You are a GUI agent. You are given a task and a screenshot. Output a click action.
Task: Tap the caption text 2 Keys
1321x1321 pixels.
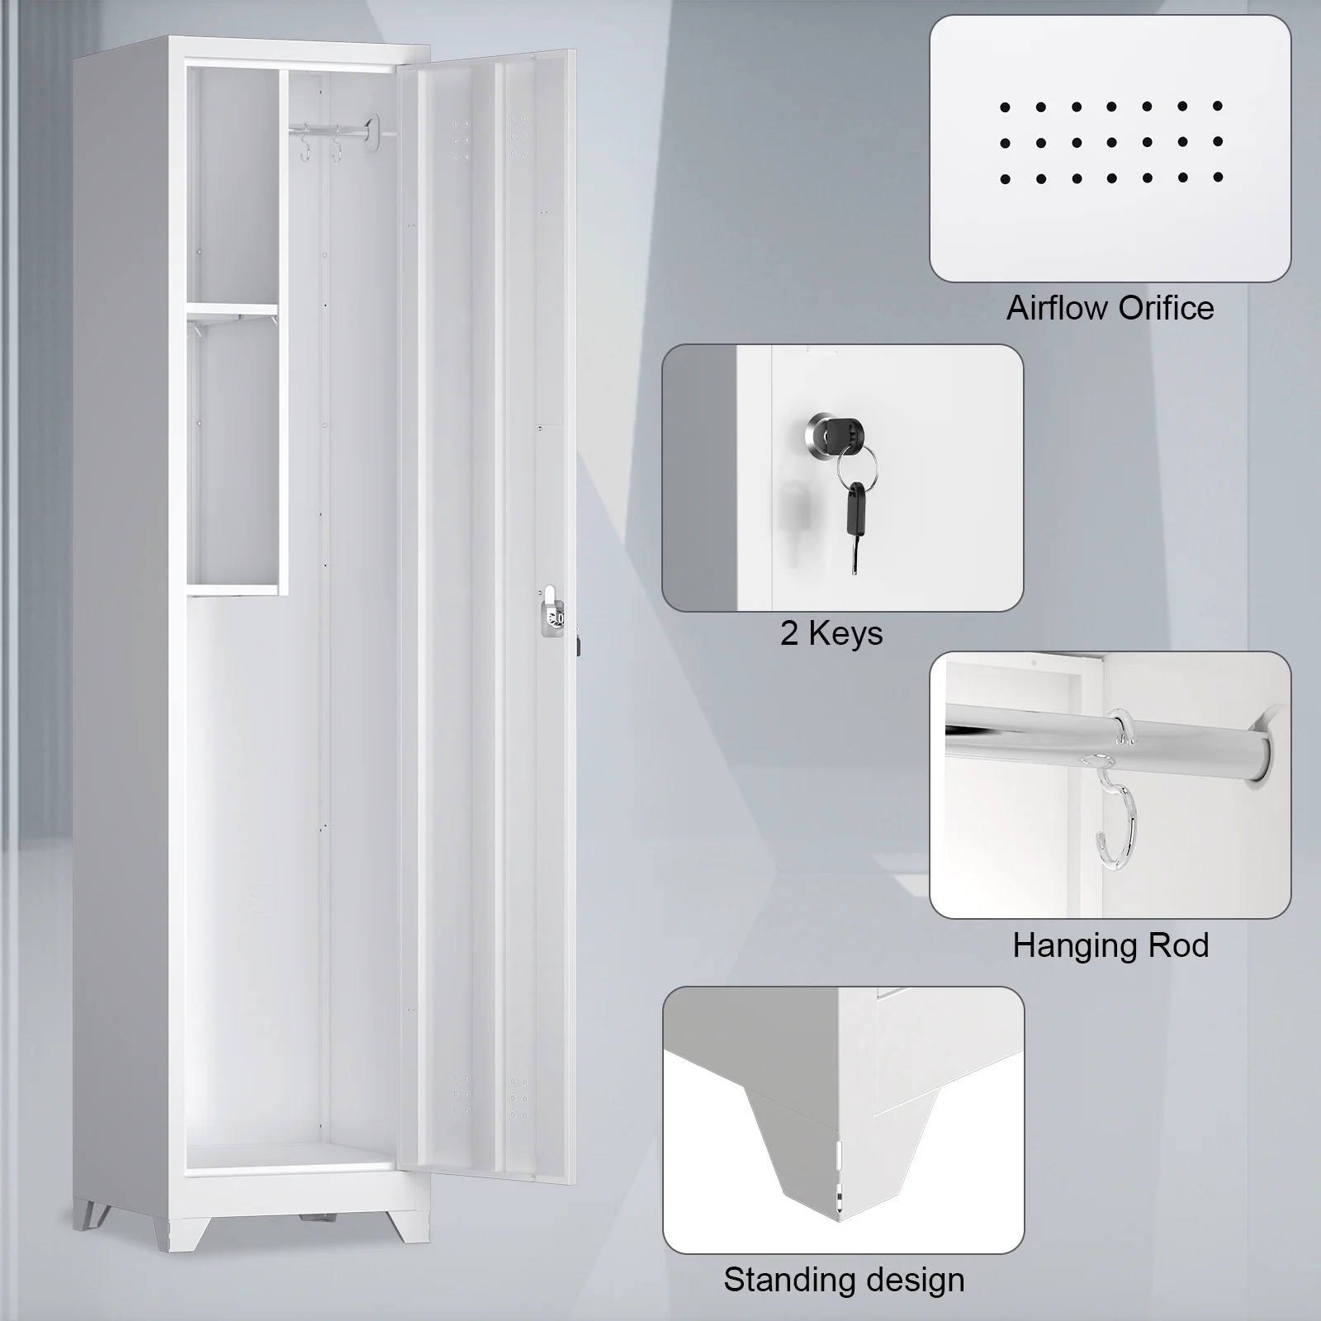(x=831, y=633)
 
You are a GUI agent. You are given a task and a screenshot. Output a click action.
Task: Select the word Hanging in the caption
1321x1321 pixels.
(x=1068, y=946)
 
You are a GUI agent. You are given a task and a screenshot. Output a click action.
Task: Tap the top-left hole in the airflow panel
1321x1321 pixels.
(x=1005, y=107)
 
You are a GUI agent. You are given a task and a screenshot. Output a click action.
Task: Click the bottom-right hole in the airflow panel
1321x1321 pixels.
(x=1218, y=178)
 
